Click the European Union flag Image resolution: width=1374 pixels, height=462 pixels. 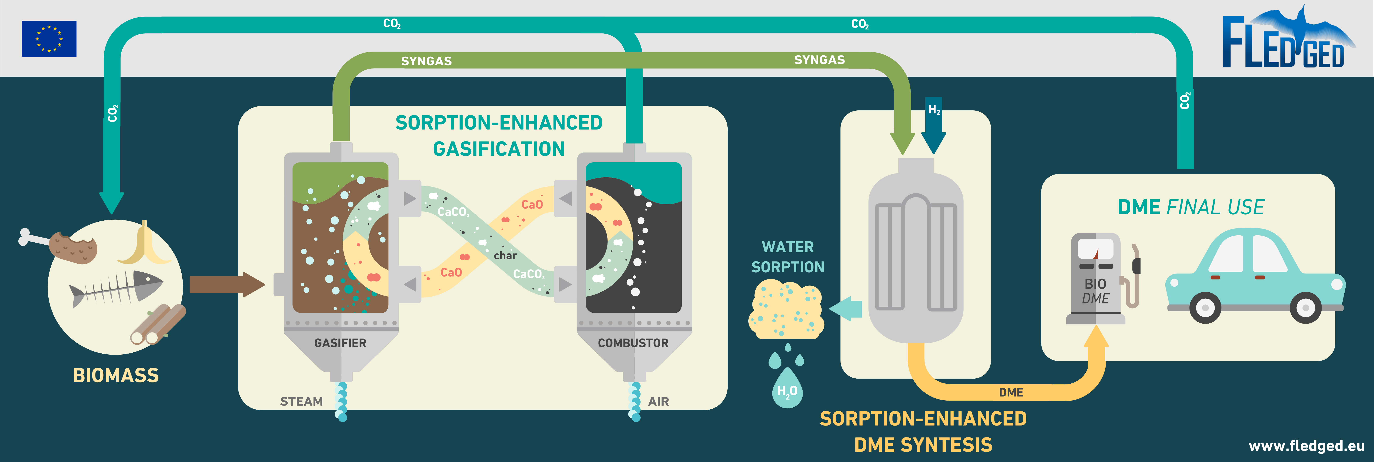tap(49, 39)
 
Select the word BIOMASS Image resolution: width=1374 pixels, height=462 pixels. tap(116, 375)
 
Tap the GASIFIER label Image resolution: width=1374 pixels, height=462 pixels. tap(340, 343)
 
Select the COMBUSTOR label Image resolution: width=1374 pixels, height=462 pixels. tap(633, 343)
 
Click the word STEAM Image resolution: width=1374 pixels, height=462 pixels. tap(301, 401)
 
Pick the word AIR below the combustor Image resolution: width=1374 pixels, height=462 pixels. tap(658, 401)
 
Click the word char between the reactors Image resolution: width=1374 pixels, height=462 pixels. tap(505, 255)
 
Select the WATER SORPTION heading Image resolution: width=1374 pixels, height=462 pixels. tap(788, 257)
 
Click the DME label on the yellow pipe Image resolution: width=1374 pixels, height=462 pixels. tap(1011, 392)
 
